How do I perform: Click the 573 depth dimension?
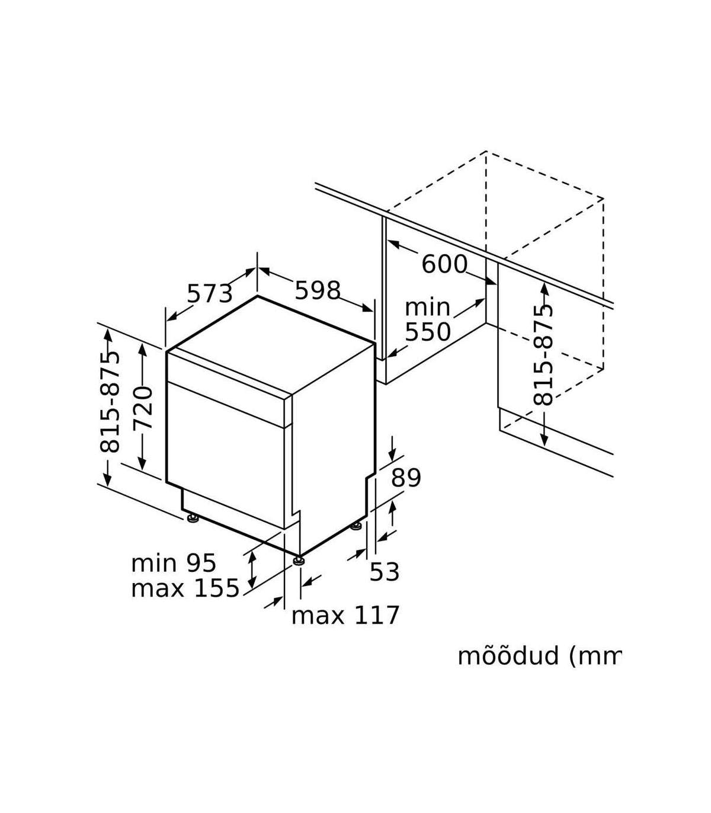[x=210, y=294]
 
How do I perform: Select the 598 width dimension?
[x=318, y=290]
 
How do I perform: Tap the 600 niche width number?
[x=444, y=264]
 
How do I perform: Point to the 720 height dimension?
[x=143, y=408]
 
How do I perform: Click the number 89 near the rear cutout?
[x=406, y=478]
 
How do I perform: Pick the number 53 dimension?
[x=385, y=572]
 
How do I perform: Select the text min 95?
[x=174, y=564]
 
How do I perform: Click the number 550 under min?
[x=428, y=332]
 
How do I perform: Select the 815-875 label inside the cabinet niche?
[x=543, y=355]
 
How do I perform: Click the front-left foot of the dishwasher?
[x=193, y=518]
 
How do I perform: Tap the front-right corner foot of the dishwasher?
[x=299, y=561]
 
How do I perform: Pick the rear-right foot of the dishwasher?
[x=356, y=527]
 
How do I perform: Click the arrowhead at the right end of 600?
[x=491, y=281]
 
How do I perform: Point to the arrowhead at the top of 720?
[x=143, y=350]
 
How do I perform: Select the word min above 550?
[x=427, y=307]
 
